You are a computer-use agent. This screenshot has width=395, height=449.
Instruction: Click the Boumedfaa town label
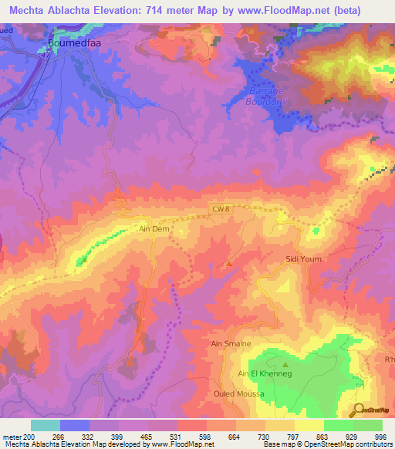(75, 44)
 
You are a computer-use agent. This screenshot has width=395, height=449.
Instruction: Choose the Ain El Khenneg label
(265, 374)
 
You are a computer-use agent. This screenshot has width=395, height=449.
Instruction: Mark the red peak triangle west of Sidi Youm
(228, 265)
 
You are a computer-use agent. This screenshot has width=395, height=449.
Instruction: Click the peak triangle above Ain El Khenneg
(285, 364)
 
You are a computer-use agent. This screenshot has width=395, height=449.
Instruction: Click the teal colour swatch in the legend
(45, 425)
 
